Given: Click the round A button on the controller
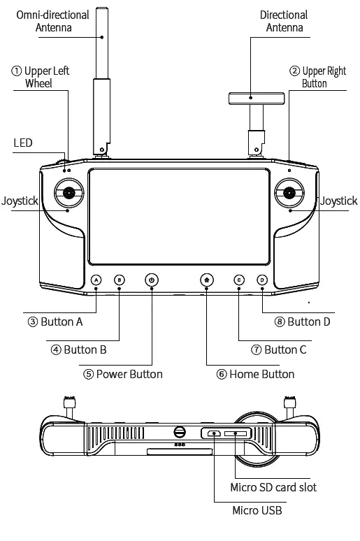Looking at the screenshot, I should click(x=96, y=280).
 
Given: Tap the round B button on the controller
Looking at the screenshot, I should click(x=119, y=280).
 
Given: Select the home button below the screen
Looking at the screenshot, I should click(x=206, y=280).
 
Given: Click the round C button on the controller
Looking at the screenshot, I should click(x=239, y=280).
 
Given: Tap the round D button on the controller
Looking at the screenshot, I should click(x=261, y=280).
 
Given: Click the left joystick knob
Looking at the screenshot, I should click(x=69, y=193).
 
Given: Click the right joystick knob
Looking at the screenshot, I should click(x=289, y=193).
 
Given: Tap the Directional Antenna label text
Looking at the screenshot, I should click(x=284, y=21).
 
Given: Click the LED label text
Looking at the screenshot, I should click(x=23, y=143).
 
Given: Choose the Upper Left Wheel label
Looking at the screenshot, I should click(x=41, y=77).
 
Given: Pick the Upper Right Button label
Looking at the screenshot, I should click(x=318, y=77).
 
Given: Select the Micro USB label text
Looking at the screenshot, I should click(x=257, y=511).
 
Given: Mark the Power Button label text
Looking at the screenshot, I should click(x=123, y=374).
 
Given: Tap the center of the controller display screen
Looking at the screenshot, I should click(x=180, y=216).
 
